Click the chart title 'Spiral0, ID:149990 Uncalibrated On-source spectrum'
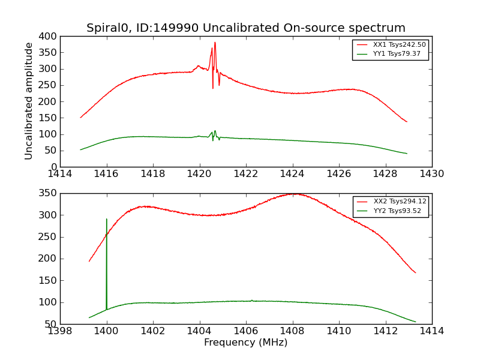point(245,28)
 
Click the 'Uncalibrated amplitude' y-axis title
point(29,101)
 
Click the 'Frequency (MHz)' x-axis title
point(245,343)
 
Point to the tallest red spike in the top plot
point(215,43)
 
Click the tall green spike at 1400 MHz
point(107,220)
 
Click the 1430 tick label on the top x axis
point(431,174)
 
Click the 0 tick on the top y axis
point(54,167)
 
